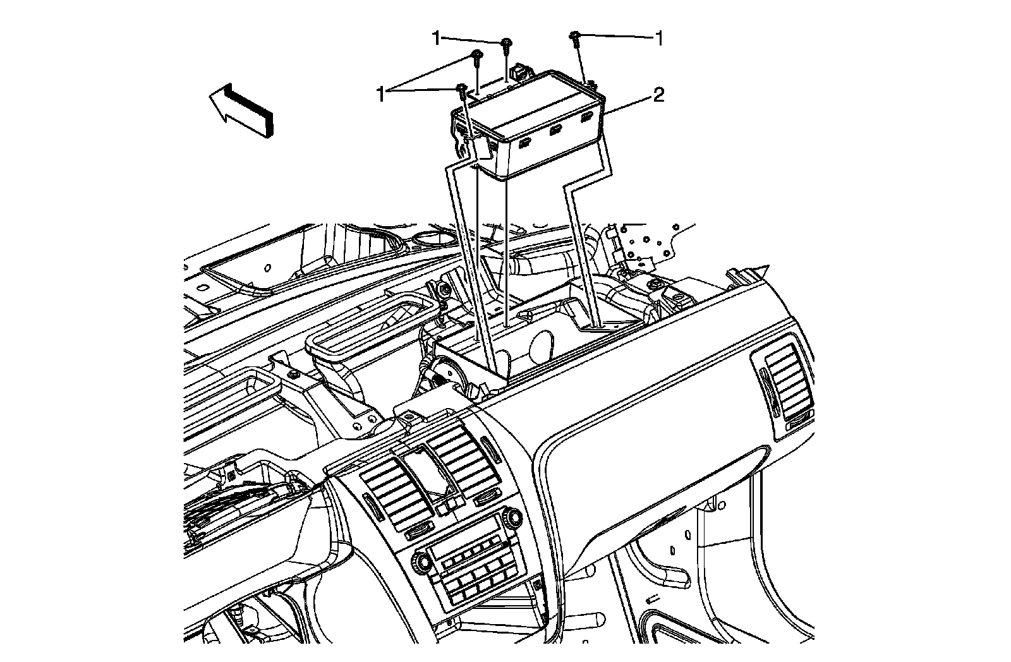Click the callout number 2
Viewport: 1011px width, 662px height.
(x=658, y=96)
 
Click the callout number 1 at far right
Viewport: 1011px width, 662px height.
(x=659, y=39)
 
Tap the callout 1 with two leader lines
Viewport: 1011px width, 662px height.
(x=381, y=95)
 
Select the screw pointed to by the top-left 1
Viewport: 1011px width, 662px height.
(x=507, y=44)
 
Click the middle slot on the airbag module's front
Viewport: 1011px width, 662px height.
(x=556, y=131)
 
